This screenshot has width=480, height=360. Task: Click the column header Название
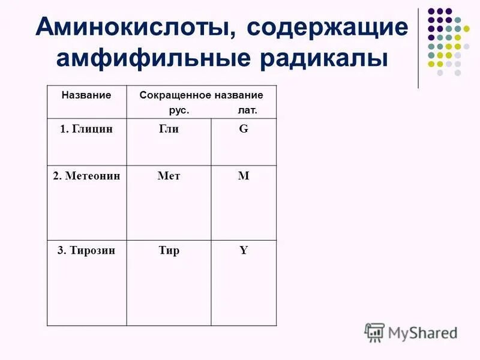(86, 95)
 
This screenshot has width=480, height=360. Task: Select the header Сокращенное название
(201, 95)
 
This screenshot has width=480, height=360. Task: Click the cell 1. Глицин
(86, 129)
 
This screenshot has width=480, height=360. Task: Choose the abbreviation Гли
(169, 129)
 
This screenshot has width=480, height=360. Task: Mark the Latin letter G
(244, 129)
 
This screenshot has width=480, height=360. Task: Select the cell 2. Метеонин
(86, 176)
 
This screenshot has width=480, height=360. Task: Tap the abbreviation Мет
(169, 176)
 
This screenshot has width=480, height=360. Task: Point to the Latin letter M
(244, 176)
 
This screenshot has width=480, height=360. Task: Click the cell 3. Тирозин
(86, 251)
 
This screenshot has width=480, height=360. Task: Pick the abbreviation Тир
(169, 251)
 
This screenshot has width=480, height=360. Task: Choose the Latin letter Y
(244, 251)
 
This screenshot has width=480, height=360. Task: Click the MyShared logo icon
(374, 332)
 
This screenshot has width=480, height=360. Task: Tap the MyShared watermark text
(422, 332)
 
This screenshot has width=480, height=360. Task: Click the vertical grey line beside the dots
(418, 48)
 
